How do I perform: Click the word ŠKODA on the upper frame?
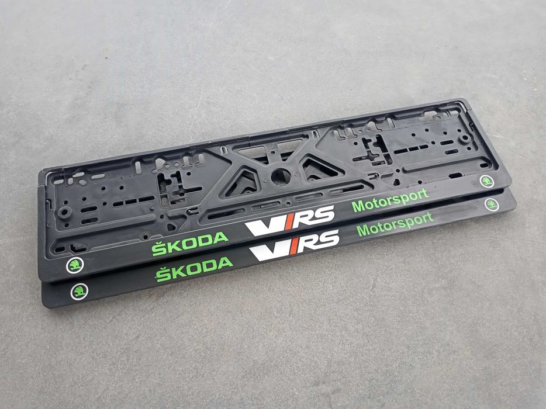[190, 243]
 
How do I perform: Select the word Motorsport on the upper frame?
[389, 199]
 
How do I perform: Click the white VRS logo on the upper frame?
[289, 220]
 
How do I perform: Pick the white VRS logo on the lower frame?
[295, 245]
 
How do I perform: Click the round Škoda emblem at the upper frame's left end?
[75, 265]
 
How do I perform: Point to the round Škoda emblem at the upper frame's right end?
[487, 182]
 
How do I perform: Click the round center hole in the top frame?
[280, 175]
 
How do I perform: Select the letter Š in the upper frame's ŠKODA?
[158, 248]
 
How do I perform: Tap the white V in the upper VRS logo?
[261, 225]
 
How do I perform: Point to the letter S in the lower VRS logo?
[328, 238]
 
